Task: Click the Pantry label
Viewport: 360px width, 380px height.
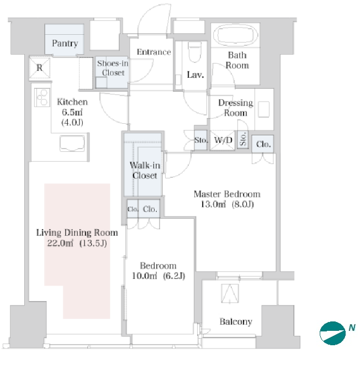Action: (65, 44)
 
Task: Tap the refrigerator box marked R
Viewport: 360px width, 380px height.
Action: (40, 67)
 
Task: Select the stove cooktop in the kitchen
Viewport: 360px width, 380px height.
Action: (42, 97)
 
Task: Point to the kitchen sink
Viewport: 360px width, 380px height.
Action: (72, 144)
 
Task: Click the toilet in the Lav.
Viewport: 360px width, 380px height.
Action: (195, 52)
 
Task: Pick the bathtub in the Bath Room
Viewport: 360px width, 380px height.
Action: (235, 35)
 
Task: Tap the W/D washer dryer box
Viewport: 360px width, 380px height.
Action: (223, 140)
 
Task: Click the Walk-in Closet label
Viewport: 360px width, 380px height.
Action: (145, 170)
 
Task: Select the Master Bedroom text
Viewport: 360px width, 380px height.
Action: (227, 194)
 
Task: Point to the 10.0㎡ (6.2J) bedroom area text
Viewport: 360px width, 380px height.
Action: (158, 276)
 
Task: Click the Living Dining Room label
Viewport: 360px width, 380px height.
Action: (77, 233)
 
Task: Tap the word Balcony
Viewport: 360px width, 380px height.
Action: (236, 321)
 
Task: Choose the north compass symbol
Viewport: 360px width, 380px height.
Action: (332, 333)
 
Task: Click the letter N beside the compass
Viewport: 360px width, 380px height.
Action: (352, 328)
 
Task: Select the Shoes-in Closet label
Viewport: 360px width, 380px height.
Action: (113, 68)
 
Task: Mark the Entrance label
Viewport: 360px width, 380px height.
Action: (154, 52)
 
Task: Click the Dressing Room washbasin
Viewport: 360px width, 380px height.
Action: (263, 109)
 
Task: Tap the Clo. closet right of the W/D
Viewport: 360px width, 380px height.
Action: (263, 144)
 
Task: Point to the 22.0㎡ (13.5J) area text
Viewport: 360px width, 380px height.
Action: (77, 243)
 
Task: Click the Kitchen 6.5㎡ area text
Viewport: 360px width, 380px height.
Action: (72, 112)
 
